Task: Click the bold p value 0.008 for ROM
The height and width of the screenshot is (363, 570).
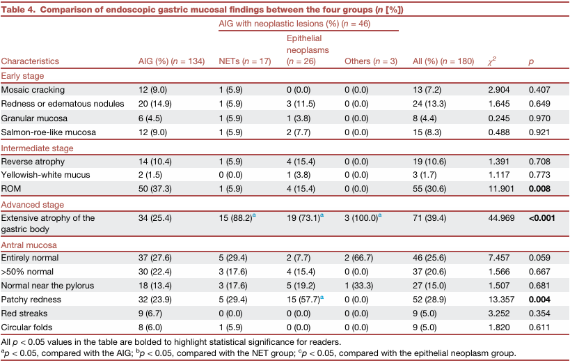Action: tap(539, 189)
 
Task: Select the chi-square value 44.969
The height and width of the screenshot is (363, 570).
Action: tap(501, 218)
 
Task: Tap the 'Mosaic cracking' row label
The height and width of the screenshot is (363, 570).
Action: tap(33, 90)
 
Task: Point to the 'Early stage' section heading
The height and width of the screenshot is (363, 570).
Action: tap(22, 76)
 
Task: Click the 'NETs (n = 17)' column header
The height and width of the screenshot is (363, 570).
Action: tap(245, 61)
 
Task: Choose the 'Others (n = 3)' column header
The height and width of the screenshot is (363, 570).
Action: tap(371, 61)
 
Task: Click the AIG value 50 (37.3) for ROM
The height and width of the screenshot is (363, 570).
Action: tap(155, 189)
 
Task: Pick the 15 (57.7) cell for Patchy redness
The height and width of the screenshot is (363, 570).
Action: tap(305, 300)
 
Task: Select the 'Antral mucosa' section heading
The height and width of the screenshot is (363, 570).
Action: tap(29, 245)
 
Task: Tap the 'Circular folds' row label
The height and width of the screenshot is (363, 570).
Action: tap(26, 327)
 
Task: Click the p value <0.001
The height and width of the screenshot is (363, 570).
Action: tap(542, 218)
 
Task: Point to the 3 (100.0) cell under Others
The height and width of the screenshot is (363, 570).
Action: tap(363, 218)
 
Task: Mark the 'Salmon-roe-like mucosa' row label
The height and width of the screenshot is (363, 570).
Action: tap(48, 132)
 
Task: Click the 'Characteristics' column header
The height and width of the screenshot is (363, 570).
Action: tap(30, 61)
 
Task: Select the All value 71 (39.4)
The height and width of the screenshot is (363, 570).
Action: tap(429, 218)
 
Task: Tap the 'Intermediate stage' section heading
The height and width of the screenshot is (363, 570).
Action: tap(37, 148)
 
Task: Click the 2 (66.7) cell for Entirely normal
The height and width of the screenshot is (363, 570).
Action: tap(359, 258)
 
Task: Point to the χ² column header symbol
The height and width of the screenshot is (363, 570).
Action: tap(492, 61)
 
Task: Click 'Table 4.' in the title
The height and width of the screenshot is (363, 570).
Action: tap(18, 10)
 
